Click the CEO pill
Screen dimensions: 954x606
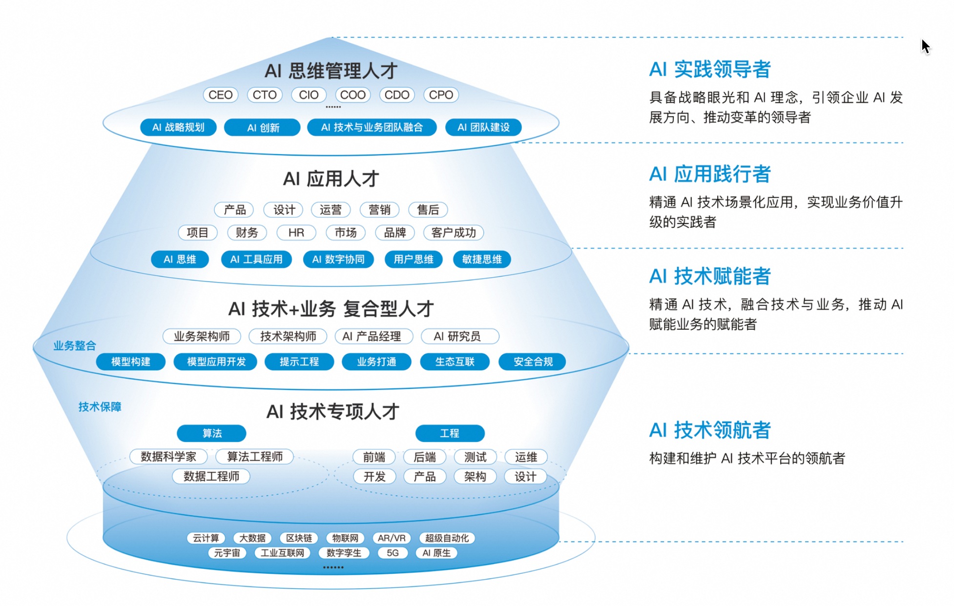[220, 95]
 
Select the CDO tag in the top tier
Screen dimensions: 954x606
[396, 95]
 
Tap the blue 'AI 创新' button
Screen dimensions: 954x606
[262, 127]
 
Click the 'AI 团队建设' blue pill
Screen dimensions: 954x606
[483, 127]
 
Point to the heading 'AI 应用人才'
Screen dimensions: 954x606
[331, 179]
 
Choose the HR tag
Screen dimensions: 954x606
[296, 233]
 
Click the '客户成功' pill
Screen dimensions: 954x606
[453, 233]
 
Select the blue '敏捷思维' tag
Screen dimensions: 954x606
[481, 259]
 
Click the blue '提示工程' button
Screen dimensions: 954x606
[299, 362]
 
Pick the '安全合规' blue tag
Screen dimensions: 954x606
[533, 362]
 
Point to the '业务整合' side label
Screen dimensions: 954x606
[75, 346]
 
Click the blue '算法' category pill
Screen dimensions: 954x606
[211, 433]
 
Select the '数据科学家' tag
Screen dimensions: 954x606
[168, 457]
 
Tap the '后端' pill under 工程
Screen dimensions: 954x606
[424, 457]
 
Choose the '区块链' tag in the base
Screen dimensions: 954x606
[299, 538]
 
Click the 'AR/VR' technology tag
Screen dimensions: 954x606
[392, 538]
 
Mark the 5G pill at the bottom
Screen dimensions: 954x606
[393, 553]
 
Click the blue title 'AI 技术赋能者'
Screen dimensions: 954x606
[709, 276]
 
